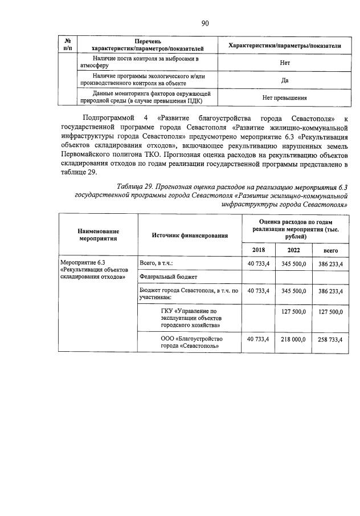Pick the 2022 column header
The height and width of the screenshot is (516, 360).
(293, 250)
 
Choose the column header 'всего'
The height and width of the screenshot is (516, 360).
(330, 250)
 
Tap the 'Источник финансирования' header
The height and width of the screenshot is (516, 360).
(190, 235)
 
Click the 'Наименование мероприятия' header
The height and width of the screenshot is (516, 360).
(99, 235)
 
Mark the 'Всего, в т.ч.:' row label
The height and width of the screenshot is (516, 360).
(157, 263)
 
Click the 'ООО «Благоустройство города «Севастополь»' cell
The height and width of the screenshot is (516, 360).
(190, 342)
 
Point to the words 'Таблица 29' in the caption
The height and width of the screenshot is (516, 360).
(136, 186)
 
